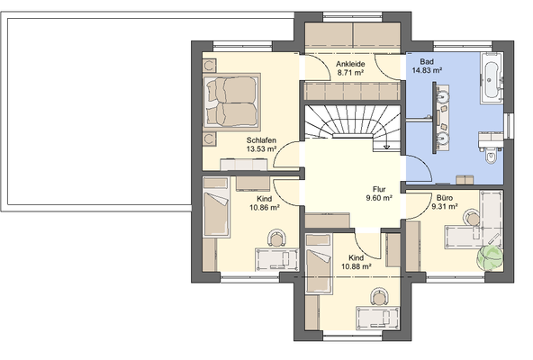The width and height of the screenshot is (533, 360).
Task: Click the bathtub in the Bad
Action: click(x=491, y=78)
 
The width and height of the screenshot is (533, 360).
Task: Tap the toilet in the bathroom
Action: click(x=491, y=157)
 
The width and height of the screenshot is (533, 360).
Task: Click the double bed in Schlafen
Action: click(x=231, y=102)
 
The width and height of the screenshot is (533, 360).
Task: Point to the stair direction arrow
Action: click(x=386, y=142)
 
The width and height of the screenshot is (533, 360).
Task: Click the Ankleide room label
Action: click(x=350, y=64)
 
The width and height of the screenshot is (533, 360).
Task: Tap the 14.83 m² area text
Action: click(x=427, y=71)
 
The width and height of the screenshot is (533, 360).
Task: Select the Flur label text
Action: click(x=379, y=189)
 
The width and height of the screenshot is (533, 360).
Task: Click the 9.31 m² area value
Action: click(x=444, y=206)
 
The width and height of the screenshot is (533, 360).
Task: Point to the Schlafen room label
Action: click(x=261, y=140)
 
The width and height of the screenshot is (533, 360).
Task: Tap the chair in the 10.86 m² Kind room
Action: click(x=276, y=238)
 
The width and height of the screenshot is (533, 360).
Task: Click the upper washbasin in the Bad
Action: click(x=443, y=96)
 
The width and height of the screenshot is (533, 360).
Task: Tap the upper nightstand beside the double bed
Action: click(x=210, y=66)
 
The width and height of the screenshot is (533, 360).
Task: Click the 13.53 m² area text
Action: click(x=261, y=148)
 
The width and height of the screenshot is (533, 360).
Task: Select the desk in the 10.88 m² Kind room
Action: click(x=377, y=319)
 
